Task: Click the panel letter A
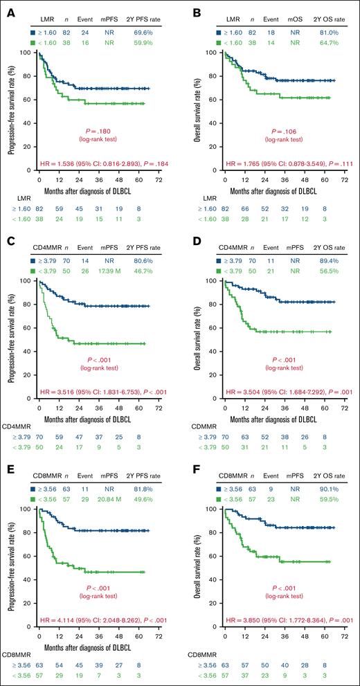click(x=6, y=8)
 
